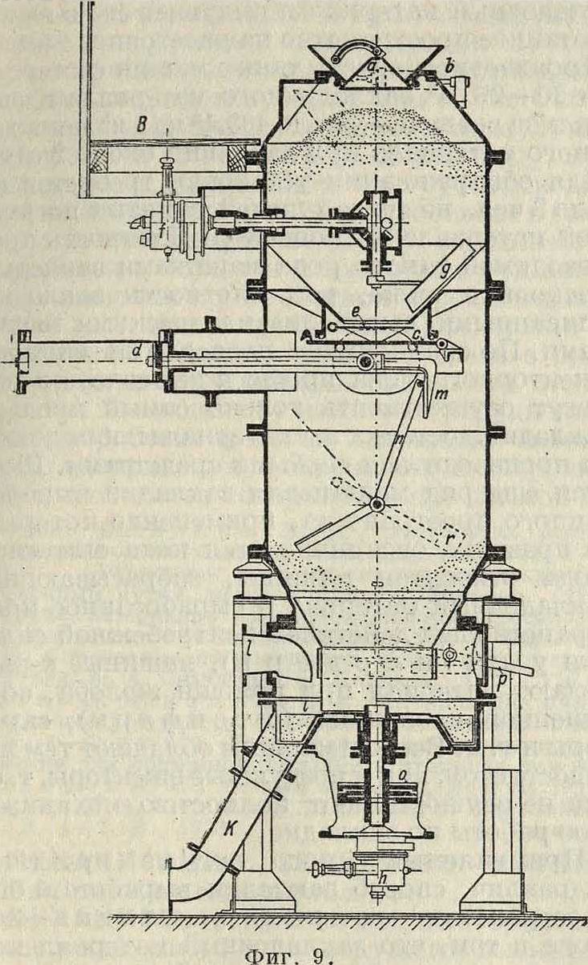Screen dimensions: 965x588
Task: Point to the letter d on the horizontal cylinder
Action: pyautogui.click(x=138, y=349)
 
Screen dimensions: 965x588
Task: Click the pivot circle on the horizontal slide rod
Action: pyautogui.click(x=364, y=363)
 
